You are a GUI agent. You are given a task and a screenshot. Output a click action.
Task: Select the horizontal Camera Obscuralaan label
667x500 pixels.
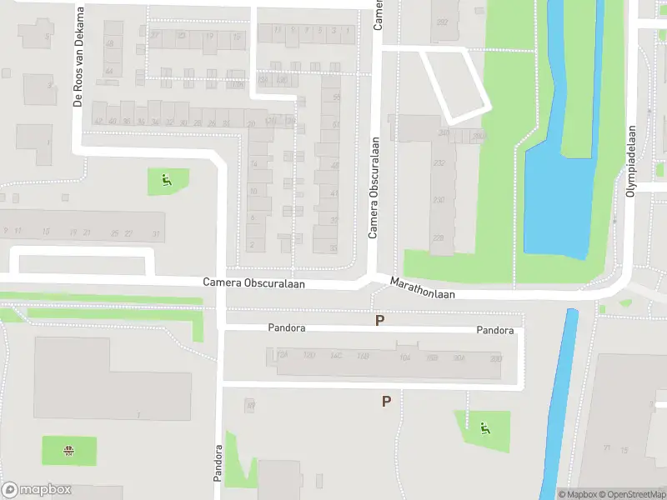[x=253, y=283]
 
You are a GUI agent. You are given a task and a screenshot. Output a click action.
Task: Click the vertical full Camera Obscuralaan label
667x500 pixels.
[x=374, y=187]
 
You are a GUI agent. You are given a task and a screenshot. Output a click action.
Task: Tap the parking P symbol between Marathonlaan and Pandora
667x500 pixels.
[x=380, y=320]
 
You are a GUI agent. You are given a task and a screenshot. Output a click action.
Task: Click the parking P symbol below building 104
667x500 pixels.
[x=386, y=402]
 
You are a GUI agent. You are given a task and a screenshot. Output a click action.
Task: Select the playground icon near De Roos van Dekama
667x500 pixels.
[x=167, y=179]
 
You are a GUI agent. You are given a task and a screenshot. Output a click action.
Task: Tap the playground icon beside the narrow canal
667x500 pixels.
[x=484, y=430]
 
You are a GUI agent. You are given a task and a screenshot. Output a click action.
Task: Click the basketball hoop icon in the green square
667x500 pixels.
[x=68, y=451]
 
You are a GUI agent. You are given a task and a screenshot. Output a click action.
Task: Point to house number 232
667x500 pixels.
[x=439, y=163]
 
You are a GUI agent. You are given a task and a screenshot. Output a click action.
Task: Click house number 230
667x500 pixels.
[x=439, y=200]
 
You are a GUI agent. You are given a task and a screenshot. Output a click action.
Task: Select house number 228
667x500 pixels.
[x=439, y=238]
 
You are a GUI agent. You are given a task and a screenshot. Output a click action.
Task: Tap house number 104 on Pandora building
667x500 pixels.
[x=406, y=357]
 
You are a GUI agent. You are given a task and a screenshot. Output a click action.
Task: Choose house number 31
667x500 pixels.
[x=155, y=234]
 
